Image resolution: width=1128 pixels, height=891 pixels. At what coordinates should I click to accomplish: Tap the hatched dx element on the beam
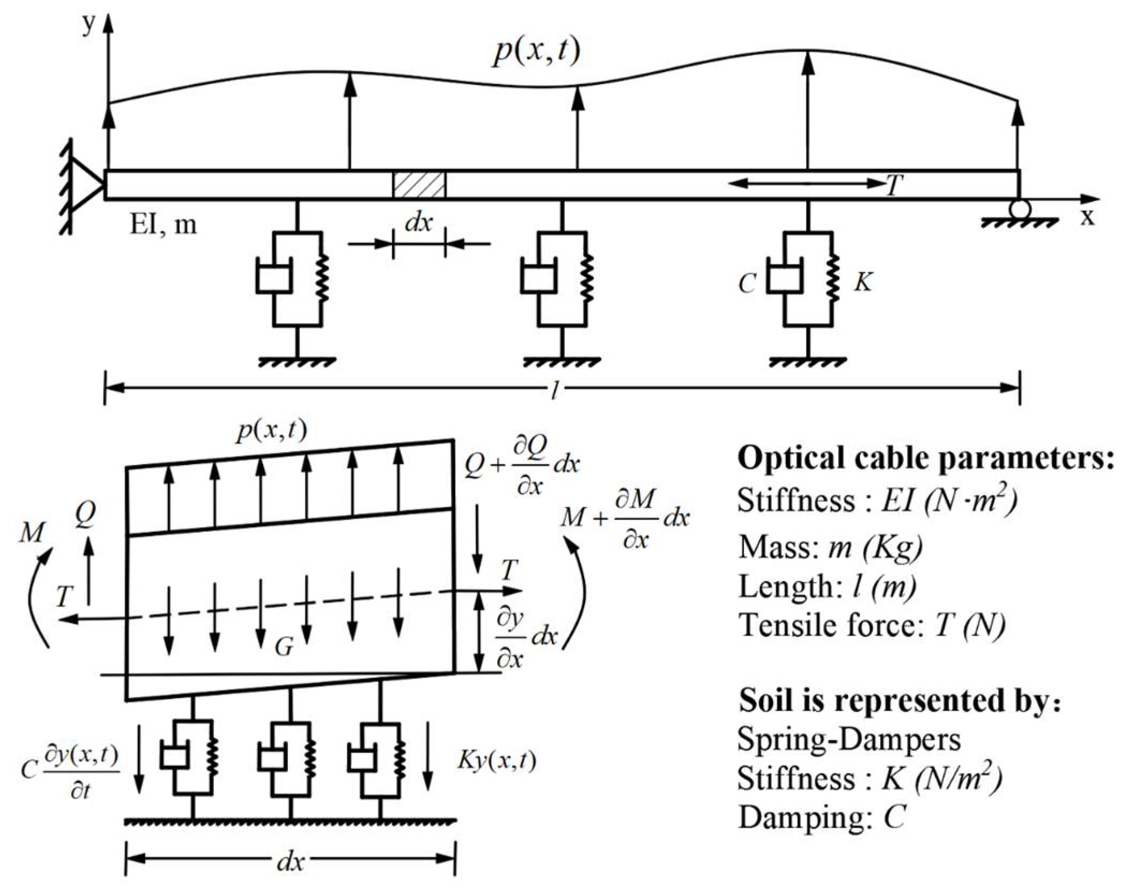tap(419, 185)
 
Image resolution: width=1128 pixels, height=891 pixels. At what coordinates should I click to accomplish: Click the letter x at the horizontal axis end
tap(1086, 216)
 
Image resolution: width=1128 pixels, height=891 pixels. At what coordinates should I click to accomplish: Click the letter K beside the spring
tap(863, 281)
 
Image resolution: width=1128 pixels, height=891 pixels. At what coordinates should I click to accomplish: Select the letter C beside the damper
tap(747, 283)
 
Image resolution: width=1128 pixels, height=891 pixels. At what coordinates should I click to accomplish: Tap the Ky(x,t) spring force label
tap(497, 760)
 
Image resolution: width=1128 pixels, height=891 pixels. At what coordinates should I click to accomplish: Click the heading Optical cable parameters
tap(925, 459)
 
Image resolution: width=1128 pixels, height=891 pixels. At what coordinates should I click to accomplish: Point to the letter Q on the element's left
tap(86, 515)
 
